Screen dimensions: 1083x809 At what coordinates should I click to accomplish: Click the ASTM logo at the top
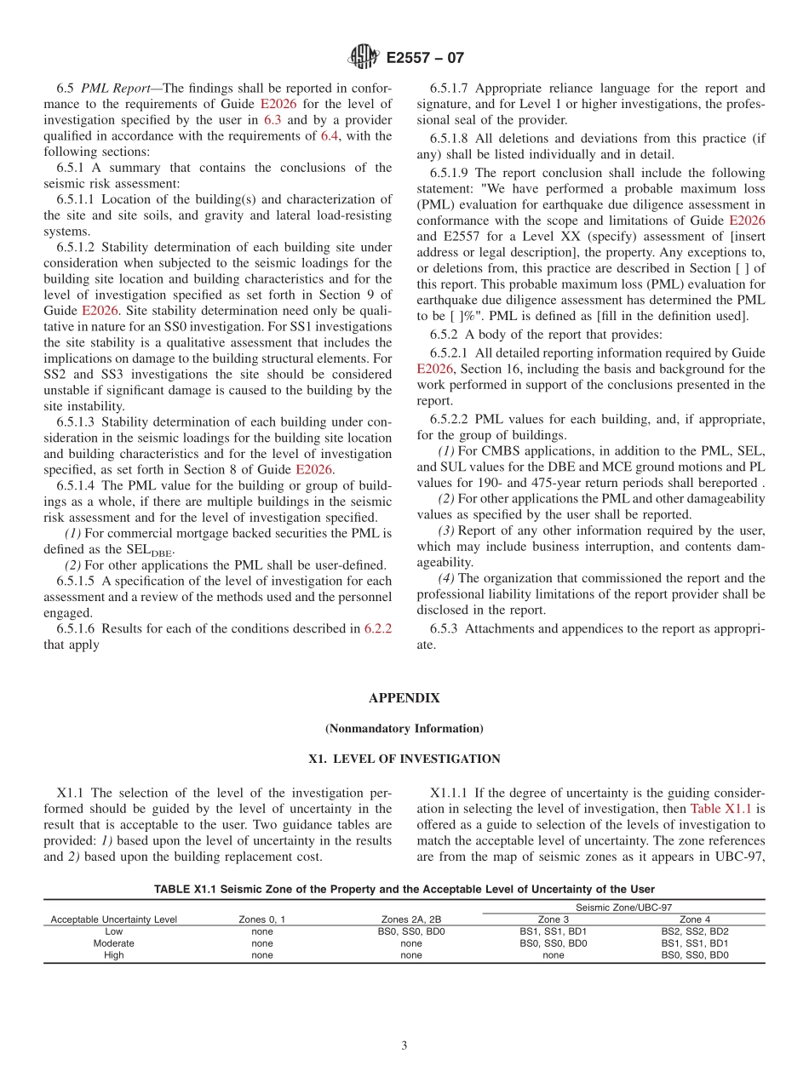pyautogui.click(x=364, y=58)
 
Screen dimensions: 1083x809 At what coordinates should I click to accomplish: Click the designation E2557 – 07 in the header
pyautogui.click(x=425, y=58)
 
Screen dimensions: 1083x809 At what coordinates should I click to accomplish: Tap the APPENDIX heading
pyautogui.click(x=404, y=698)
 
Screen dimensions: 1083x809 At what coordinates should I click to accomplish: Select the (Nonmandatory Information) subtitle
pyautogui.click(x=404, y=729)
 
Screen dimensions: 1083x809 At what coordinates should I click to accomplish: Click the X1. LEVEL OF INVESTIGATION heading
pyautogui.click(x=404, y=759)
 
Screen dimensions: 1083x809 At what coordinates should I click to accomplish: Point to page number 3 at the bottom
pyautogui.click(x=404, y=1046)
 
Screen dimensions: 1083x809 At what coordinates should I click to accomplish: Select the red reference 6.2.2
pyautogui.click(x=377, y=629)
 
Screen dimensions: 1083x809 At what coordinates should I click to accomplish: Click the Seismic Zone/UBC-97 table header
pyautogui.click(x=623, y=908)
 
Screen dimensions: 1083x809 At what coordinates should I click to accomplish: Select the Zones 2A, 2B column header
pyautogui.click(x=411, y=920)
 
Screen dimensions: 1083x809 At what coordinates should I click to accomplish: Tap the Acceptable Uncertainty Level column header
pyautogui.click(x=113, y=920)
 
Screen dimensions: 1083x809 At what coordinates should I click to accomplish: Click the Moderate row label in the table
pyautogui.click(x=113, y=943)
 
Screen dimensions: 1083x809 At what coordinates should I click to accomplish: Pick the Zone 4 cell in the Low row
pyautogui.click(x=695, y=931)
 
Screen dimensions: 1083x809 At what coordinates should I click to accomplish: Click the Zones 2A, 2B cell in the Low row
pyautogui.click(x=411, y=931)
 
